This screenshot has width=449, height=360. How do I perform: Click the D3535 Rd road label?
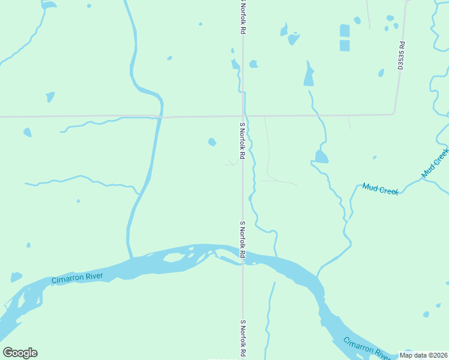coord(401,56)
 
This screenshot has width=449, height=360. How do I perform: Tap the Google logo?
coord(20,353)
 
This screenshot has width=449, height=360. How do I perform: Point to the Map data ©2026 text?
coord(424,355)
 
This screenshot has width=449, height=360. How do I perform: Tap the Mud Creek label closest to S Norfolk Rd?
coord(381,190)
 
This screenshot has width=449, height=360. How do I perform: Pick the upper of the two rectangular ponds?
coord(345,31)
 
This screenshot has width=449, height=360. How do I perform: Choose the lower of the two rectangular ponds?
coord(345,46)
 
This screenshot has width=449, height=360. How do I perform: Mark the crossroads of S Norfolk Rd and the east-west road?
coord(243,115)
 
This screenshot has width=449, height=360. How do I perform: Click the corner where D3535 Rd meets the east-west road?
coord(394,113)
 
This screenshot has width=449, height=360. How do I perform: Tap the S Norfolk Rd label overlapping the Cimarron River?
coord(243,240)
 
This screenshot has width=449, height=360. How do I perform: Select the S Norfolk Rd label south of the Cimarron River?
coord(243,339)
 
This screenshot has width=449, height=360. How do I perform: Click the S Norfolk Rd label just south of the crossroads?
coord(243,141)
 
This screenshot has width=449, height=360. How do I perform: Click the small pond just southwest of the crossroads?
coord(212,142)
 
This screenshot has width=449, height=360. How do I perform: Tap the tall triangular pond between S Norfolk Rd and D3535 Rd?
coord(309,74)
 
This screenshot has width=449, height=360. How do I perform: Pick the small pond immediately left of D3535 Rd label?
coord(381,73)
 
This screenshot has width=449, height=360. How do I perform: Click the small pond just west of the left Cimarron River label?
coord(16,277)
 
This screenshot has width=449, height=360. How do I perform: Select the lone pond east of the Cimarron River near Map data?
coord(426,314)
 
